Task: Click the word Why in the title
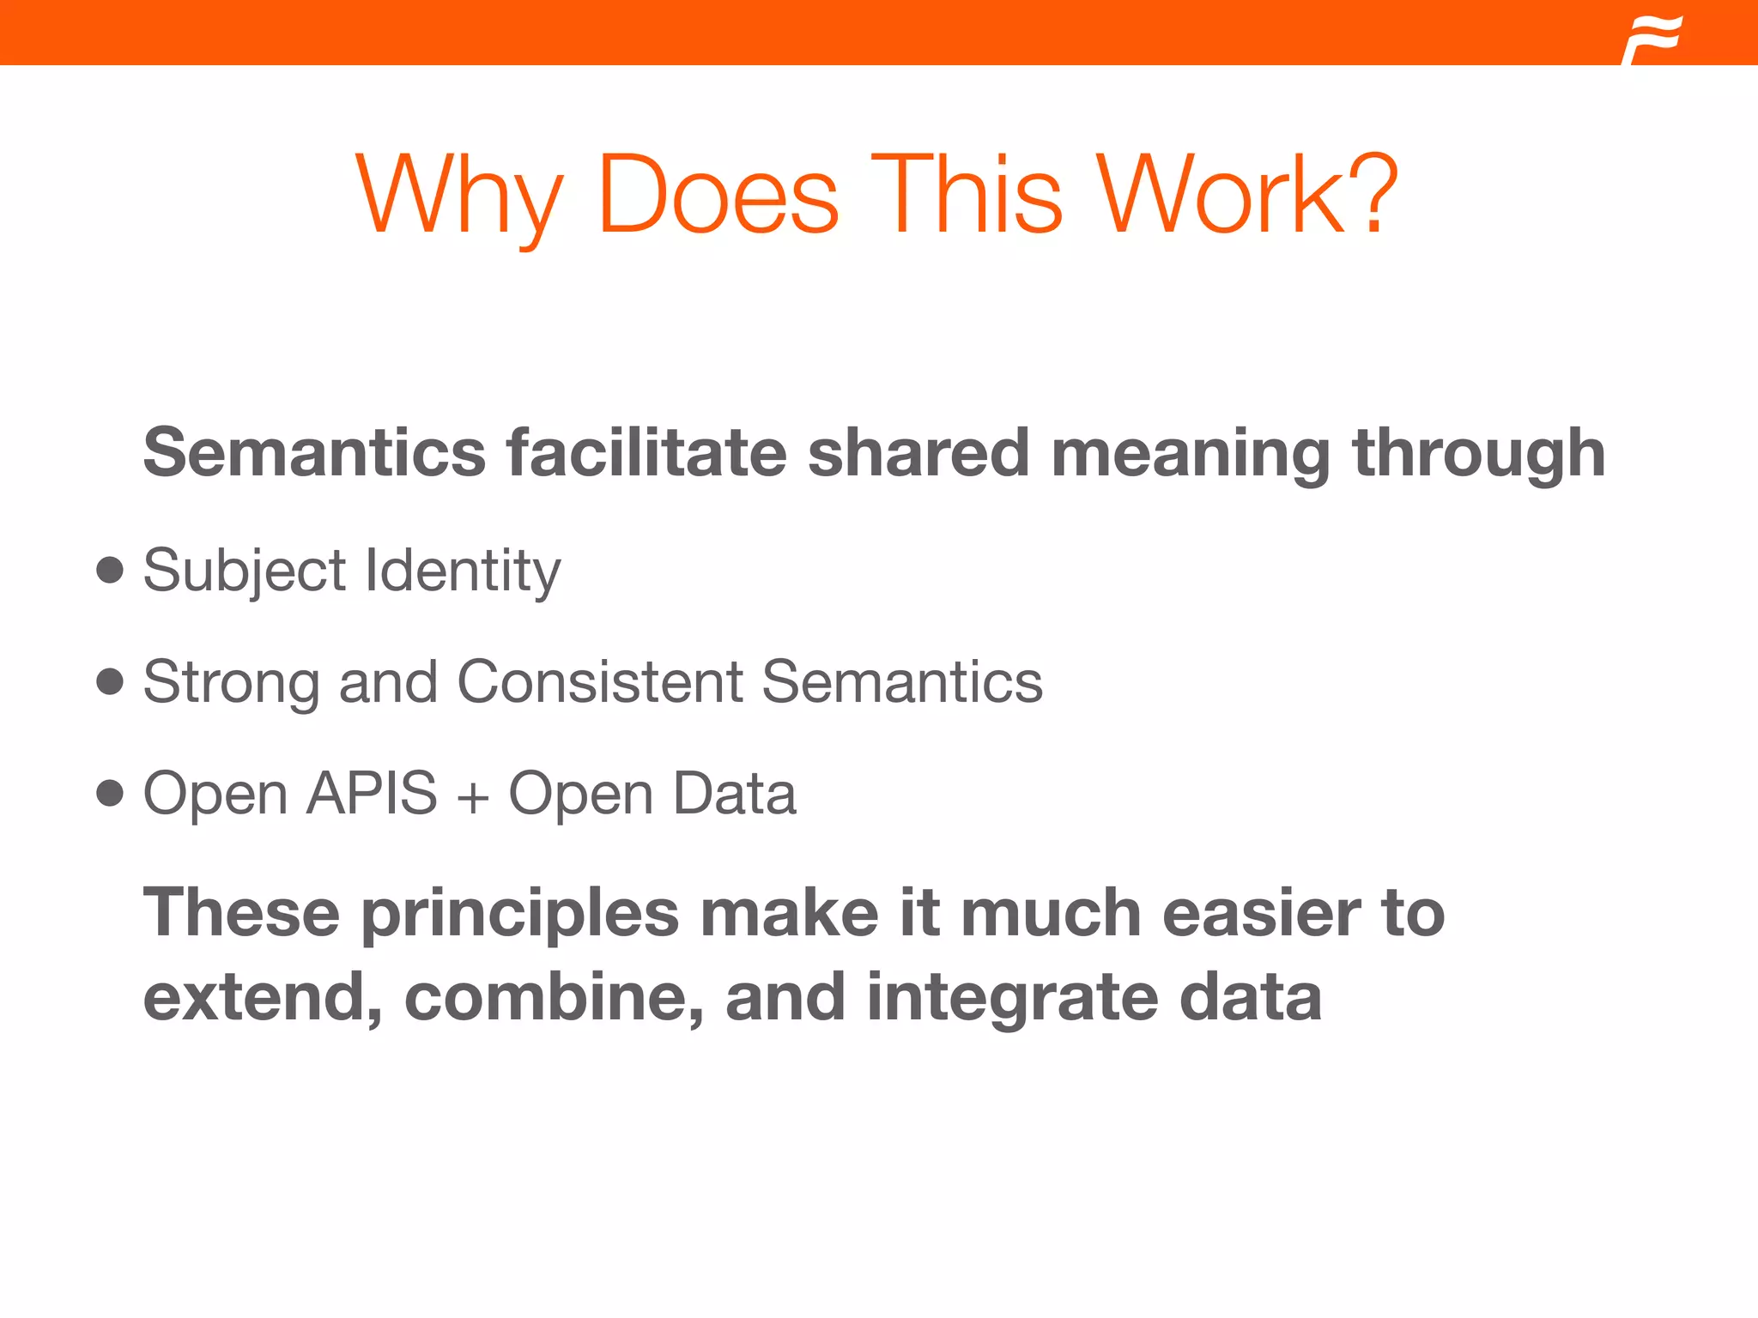[459, 196]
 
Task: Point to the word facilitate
[646, 453]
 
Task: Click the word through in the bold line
[1478, 453]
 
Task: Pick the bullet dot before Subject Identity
[110, 570]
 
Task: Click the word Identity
[464, 571]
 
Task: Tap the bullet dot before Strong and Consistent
[110, 681]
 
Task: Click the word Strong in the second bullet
[231, 683]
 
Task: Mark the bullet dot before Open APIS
[110, 793]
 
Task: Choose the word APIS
[372, 793]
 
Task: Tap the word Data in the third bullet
[735, 793]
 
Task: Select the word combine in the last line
[554, 997]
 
